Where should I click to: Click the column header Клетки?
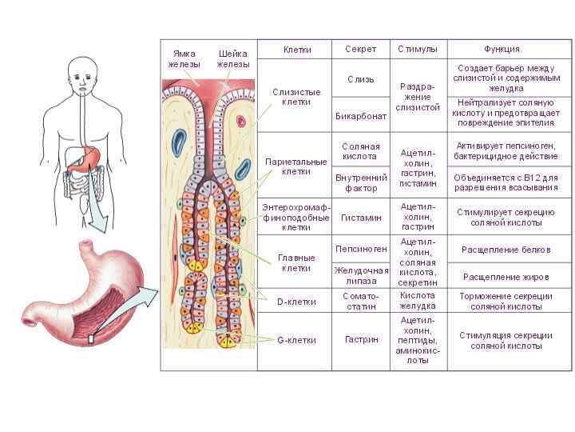[x=297, y=50]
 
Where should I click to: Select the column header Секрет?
[x=360, y=50]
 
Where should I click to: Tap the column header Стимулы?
[x=418, y=50]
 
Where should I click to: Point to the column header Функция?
[x=502, y=50]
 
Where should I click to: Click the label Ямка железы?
[x=184, y=58]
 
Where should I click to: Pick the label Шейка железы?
[x=233, y=58]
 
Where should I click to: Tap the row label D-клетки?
[x=296, y=302]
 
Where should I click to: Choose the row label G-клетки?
[x=296, y=340]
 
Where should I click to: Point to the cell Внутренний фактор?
[x=360, y=182]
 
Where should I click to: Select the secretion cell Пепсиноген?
[x=360, y=249]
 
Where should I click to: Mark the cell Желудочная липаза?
[x=360, y=275]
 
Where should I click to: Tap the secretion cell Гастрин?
[x=360, y=340]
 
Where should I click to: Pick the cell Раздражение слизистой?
[x=418, y=97]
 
